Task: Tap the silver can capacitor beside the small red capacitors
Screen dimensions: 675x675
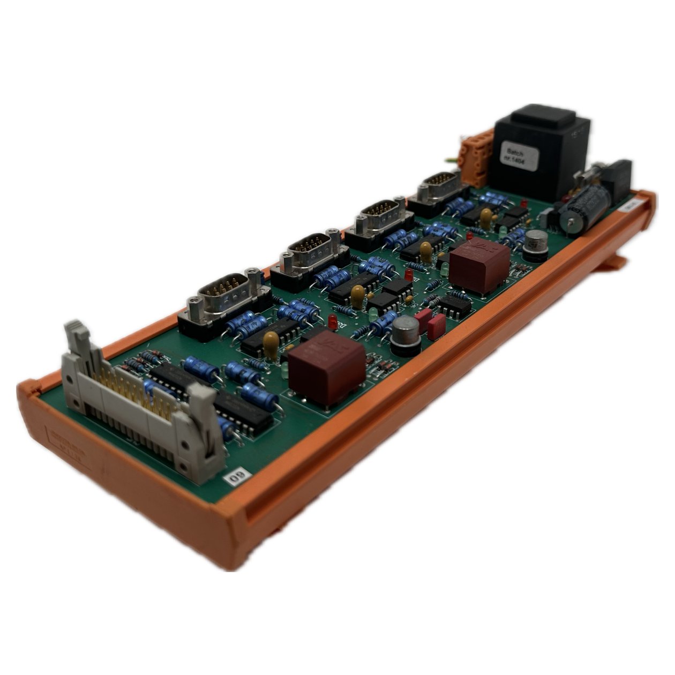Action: point(406,335)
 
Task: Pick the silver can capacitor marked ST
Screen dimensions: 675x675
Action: point(536,245)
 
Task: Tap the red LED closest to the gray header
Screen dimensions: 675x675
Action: point(332,321)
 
